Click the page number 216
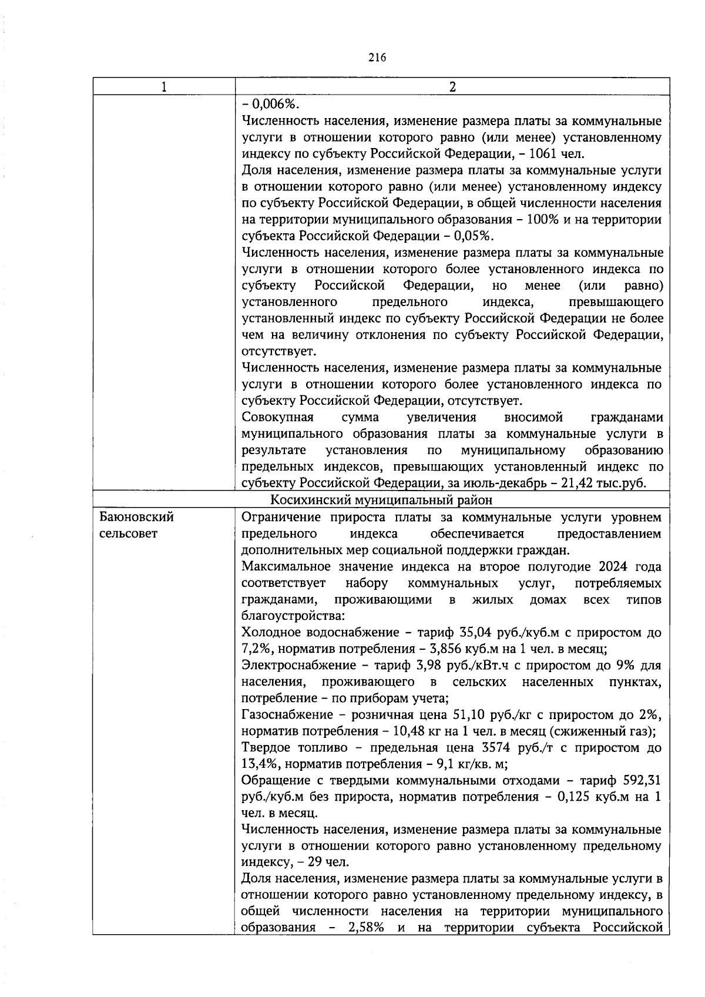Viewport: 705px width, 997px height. [x=377, y=57]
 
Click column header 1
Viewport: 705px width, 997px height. [x=163, y=87]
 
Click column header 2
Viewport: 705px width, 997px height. [x=452, y=87]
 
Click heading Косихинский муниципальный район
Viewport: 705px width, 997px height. [x=381, y=500]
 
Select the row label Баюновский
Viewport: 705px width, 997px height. [x=137, y=518]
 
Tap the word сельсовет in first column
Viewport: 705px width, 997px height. [x=129, y=534]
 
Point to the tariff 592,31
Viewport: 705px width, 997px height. [x=642, y=781]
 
